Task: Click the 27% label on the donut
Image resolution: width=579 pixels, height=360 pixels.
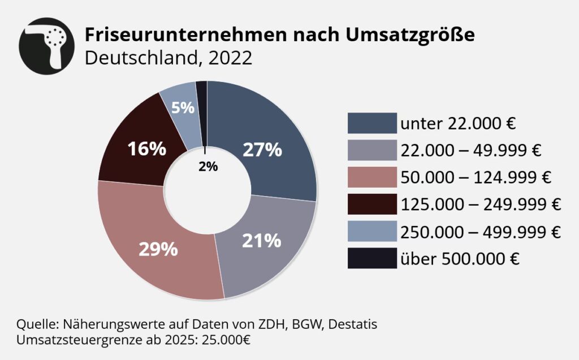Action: (x=262, y=149)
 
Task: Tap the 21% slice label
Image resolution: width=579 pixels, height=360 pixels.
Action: (x=262, y=240)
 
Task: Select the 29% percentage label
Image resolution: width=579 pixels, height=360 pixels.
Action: (x=159, y=249)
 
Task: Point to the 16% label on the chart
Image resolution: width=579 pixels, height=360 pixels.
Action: (x=146, y=149)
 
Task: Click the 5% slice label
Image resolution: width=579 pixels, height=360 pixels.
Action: (x=183, y=107)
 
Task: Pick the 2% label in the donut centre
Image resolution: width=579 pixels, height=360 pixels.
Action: (x=208, y=167)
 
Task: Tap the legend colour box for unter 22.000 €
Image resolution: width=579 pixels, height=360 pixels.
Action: (x=372, y=123)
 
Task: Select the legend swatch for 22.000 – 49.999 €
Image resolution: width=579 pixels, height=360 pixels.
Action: (x=372, y=150)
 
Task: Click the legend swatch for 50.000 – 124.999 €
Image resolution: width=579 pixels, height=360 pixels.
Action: (x=372, y=177)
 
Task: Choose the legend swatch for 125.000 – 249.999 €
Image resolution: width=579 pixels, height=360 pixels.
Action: (x=372, y=205)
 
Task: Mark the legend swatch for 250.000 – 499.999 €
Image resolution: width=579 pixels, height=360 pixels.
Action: (x=372, y=232)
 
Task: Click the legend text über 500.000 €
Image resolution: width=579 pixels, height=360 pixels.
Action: (x=460, y=259)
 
